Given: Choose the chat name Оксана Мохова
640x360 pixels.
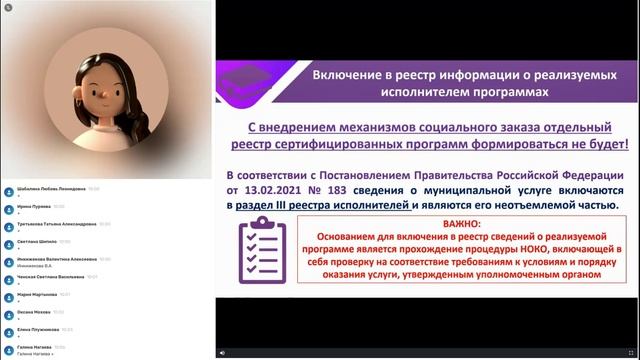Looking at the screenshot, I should [x=34, y=312].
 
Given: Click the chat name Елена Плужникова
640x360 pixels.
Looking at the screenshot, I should [x=39, y=330].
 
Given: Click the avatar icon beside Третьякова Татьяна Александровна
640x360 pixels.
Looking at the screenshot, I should [x=8, y=225].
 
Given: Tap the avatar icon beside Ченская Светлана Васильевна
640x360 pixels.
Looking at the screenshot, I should [x=8, y=278].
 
